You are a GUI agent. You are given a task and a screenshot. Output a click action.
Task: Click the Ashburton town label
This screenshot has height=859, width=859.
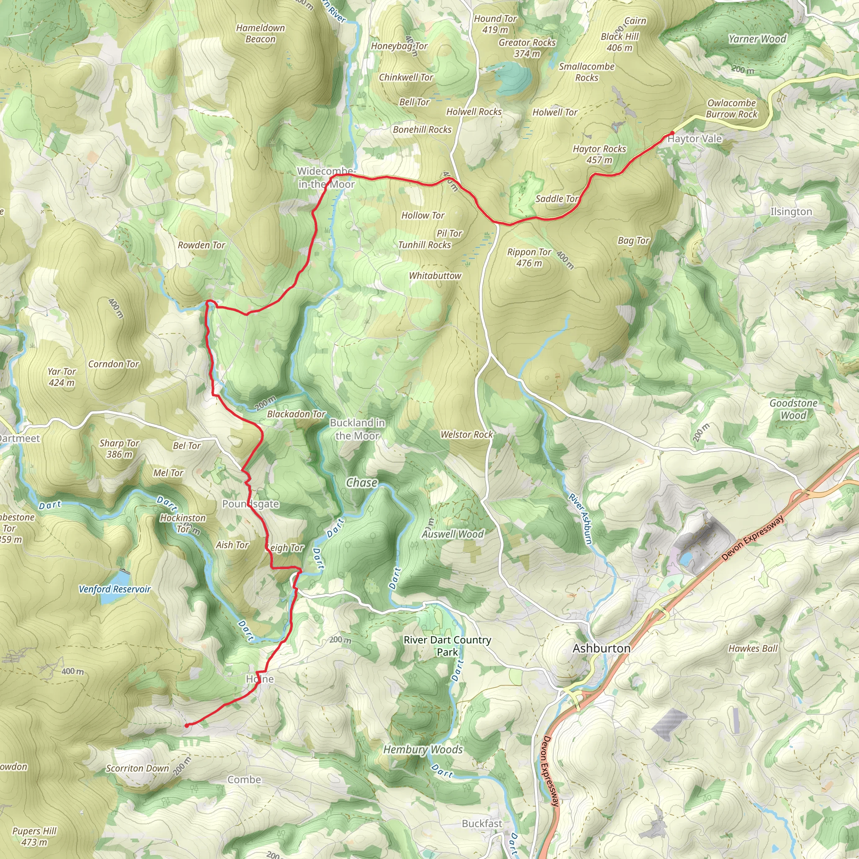[x=601, y=648]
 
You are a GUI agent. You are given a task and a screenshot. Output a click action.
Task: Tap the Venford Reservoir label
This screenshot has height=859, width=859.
[x=115, y=589]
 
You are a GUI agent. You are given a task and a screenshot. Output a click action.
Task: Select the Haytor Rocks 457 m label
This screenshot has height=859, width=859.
[x=599, y=154]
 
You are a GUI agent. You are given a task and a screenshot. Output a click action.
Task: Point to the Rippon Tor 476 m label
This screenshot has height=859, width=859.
[x=529, y=258]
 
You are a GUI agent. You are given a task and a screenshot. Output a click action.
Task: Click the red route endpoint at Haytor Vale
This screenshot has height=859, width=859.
[x=672, y=133]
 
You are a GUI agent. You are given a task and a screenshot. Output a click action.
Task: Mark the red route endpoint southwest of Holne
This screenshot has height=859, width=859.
[x=187, y=725]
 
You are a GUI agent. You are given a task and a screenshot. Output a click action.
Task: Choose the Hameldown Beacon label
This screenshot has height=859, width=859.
[x=260, y=34]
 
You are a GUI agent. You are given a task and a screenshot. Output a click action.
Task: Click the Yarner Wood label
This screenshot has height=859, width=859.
[x=757, y=39]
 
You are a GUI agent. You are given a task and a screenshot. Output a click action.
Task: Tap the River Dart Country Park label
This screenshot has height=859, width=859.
[x=447, y=646]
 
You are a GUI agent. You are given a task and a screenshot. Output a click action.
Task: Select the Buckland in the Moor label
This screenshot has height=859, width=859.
[x=357, y=429]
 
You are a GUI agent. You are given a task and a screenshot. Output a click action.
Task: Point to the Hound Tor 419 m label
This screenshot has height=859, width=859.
[x=495, y=24]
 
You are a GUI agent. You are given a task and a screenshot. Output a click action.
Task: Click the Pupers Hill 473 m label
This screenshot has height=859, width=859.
[x=34, y=836]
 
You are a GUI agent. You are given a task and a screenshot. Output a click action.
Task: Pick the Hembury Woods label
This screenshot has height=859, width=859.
[x=423, y=750]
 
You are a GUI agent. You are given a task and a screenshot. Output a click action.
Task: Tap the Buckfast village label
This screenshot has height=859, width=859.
[x=482, y=823]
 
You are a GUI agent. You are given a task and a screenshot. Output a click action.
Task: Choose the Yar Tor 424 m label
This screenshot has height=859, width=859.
[x=62, y=377]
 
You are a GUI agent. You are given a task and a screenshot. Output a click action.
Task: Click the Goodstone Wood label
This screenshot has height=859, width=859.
[x=793, y=409]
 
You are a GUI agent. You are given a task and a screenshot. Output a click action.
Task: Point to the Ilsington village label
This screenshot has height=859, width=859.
[x=791, y=212]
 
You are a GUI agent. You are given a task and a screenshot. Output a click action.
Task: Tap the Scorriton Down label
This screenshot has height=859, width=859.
[x=138, y=768]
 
